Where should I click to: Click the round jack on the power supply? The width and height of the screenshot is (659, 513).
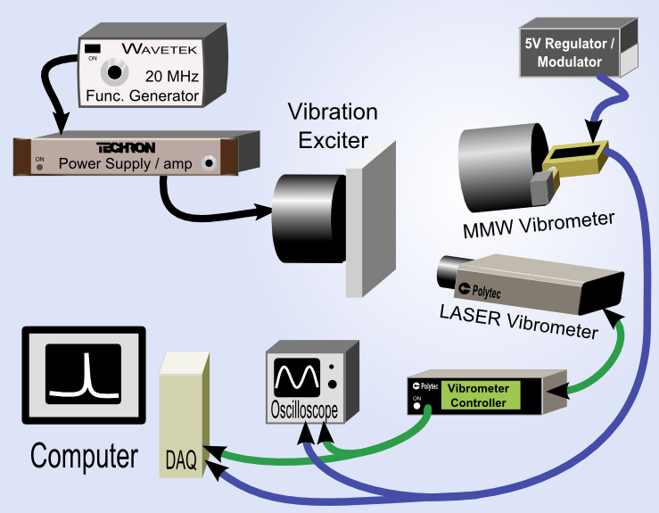coord(210,162)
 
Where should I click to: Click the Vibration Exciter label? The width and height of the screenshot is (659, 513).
coord(333,126)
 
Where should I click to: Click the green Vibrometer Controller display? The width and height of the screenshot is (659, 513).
coord(477,395)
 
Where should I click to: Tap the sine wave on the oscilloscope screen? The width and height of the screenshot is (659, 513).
coord(297,378)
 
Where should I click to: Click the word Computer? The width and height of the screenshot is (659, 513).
coord(85,456)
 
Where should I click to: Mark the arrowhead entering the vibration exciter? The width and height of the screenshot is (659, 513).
coord(267,211)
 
